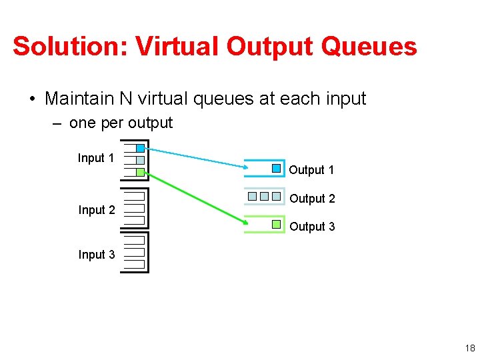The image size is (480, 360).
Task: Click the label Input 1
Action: [x=96, y=158]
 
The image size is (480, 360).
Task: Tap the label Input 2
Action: [x=96, y=210]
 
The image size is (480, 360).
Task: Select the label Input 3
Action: [x=96, y=255]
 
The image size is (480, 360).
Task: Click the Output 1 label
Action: [x=311, y=170]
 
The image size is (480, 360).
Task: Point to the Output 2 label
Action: [x=312, y=199]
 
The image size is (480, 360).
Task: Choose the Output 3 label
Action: [x=312, y=227]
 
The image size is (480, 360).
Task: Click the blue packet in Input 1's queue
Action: [x=140, y=148]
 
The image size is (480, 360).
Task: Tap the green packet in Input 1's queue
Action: [x=140, y=172]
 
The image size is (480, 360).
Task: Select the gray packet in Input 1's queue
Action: [x=140, y=160]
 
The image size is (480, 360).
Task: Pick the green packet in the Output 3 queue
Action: [x=277, y=225]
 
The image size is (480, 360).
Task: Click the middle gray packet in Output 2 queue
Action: [x=264, y=197]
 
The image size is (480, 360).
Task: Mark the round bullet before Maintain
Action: [x=31, y=99]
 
